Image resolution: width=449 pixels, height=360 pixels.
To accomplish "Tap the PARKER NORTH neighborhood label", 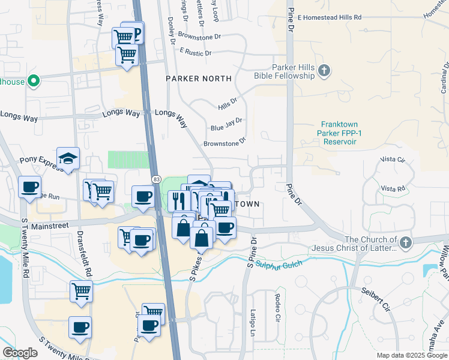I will point(199,79).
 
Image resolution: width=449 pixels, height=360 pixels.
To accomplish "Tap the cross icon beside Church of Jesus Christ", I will point(406,243).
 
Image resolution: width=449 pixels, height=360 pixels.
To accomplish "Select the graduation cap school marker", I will point(68,158).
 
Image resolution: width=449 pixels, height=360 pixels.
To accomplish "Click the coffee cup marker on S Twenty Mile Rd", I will point(29,187).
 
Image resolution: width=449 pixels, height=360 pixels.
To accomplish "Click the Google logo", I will point(20,353).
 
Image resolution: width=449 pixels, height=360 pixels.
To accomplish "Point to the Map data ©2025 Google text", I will point(411,355).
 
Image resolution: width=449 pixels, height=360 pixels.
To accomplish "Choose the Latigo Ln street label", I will point(253,321).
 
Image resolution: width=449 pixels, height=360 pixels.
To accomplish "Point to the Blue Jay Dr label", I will point(226,124).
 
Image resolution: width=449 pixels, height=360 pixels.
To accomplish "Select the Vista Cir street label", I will point(393,160).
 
